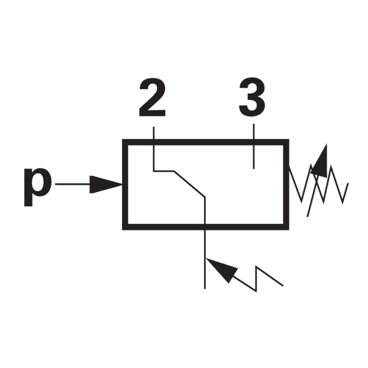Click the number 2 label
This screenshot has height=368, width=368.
pos(152,97)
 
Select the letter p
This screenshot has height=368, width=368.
pos(38,187)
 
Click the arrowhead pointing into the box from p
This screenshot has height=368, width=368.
pos(106,184)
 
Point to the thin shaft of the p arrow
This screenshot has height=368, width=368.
pos(73,184)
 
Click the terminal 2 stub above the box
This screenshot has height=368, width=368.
pos(154,133)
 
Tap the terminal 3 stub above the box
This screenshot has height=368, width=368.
pos(254,132)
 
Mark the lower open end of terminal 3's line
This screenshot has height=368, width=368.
pos(254,169)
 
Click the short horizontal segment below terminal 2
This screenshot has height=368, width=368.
pos(164,171)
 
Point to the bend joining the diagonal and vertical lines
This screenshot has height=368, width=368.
pos(205,197)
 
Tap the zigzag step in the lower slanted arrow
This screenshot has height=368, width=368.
pos(257,279)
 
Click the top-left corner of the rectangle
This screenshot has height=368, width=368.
pos(122,139)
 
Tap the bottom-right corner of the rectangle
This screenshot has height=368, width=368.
pos(289,230)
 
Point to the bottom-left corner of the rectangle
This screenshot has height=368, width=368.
pos(122,230)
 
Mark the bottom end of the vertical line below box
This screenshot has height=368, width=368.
pos(205,288)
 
